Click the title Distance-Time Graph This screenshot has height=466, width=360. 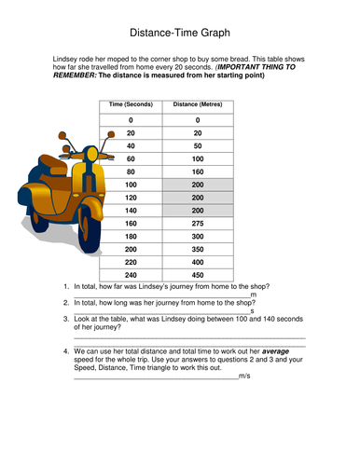coord(180,33)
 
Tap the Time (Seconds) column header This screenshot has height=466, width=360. coord(131,104)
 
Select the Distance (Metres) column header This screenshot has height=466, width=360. coord(198,104)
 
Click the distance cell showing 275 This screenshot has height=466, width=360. coord(198,224)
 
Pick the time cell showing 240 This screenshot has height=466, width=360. coord(131,275)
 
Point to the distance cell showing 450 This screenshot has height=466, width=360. coord(198,275)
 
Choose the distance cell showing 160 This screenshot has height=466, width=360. coord(198,171)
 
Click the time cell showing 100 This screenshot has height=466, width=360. coord(131,185)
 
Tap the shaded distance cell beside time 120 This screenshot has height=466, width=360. coord(198,198)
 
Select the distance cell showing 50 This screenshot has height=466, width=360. coord(198,146)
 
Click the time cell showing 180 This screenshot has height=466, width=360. coord(131,237)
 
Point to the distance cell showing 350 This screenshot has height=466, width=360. coord(198,249)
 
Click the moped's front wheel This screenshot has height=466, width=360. coord(89,230)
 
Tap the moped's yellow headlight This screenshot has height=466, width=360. coord(92,154)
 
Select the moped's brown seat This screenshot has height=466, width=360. coord(53,164)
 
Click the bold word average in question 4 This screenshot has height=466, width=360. coord(275,351)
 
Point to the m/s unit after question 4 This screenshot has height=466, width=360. coord(244,376)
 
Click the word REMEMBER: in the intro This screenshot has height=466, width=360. coord(75,75)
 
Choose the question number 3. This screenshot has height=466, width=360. coord(66,319)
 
